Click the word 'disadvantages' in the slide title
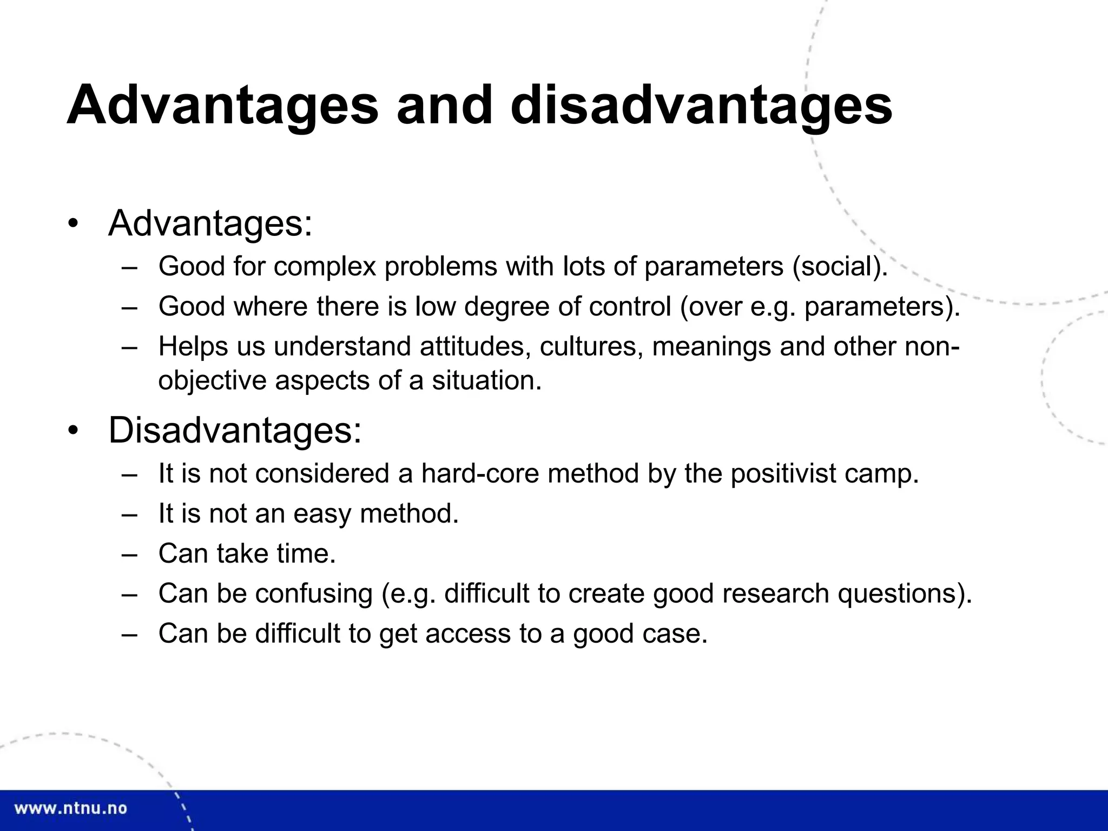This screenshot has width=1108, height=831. (x=701, y=105)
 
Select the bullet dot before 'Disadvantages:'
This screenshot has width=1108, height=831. (x=74, y=431)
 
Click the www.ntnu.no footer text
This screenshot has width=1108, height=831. (x=70, y=809)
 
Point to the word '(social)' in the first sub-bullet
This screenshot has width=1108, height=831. (x=839, y=267)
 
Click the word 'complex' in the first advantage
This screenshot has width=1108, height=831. (x=325, y=267)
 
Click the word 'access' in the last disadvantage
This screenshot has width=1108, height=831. (x=467, y=634)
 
